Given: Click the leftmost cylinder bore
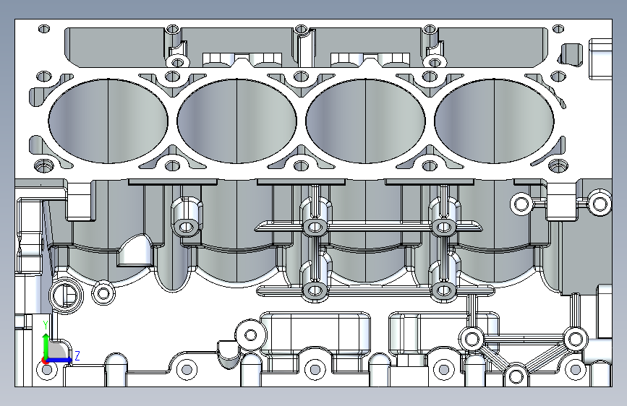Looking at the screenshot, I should point(108,119).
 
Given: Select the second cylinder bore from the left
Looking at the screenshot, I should point(237,119).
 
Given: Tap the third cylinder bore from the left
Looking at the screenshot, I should point(365,119).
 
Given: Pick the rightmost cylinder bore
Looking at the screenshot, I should point(494,119).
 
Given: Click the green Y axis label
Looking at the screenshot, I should point(45,324).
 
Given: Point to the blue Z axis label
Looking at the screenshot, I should point(77,355).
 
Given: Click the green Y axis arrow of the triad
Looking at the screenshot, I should point(46,340).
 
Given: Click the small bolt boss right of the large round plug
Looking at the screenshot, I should point(104,293).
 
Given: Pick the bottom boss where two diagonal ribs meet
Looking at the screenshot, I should point(515,375).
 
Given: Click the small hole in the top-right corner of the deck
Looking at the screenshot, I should point(558,29).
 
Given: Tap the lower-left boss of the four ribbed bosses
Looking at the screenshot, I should point(315,291).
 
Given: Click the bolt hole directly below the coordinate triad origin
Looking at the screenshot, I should point(48,370).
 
